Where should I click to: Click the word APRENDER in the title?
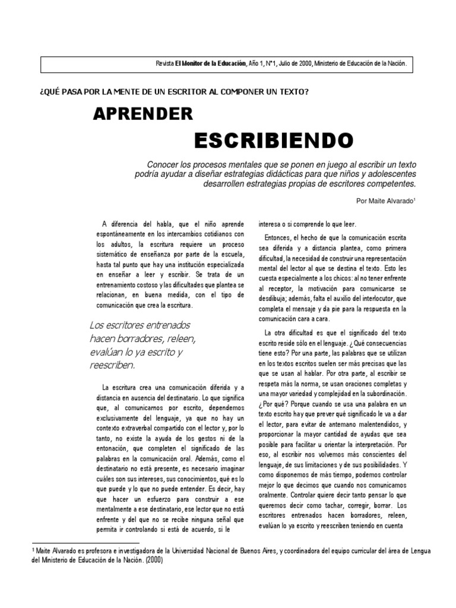(x=142, y=113)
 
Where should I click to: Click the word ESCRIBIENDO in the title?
(x=274, y=141)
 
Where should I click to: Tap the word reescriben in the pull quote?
(x=113, y=365)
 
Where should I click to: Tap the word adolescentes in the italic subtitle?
(x=392, y=174)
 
